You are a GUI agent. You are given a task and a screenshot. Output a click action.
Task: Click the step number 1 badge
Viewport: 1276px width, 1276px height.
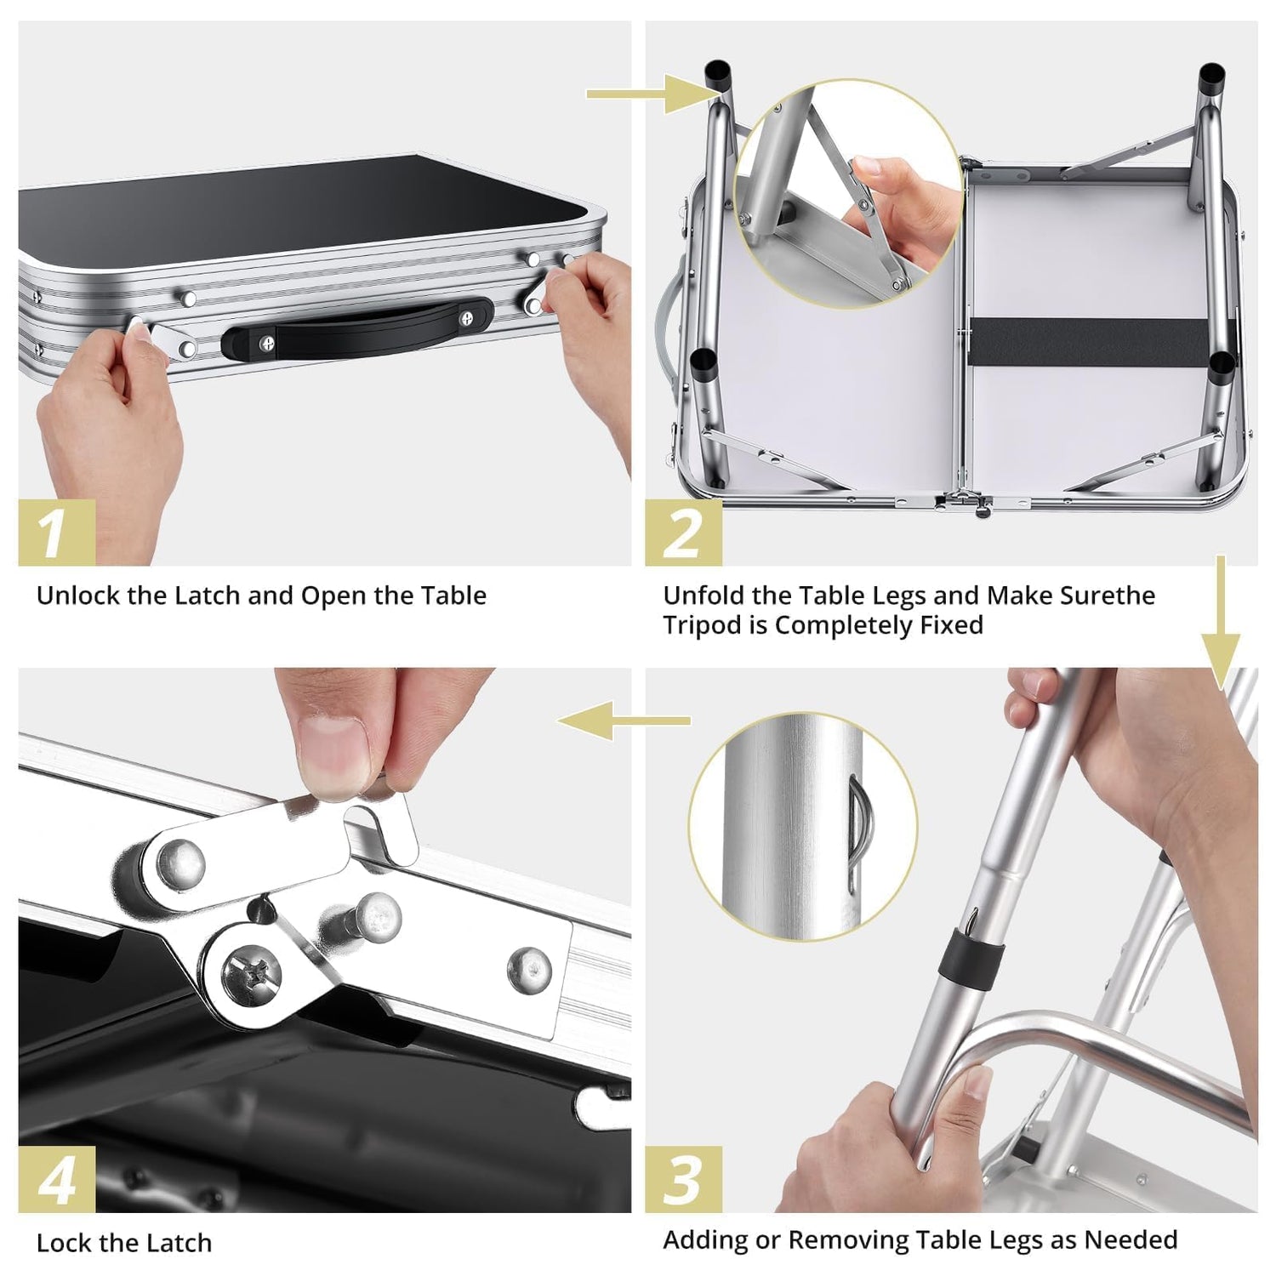pos(56,533)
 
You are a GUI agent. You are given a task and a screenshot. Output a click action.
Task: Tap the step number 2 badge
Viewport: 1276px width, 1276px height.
pos(683,533)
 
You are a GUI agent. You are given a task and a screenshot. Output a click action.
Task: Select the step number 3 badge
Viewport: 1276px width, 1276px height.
pos(683,1179)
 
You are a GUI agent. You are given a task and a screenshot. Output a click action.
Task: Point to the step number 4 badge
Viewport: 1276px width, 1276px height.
pos(56,1179)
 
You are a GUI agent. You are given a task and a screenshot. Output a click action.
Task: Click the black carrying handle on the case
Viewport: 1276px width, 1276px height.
pos(356,328)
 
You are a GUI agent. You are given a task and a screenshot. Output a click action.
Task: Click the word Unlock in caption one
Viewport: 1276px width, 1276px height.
pos(79,595)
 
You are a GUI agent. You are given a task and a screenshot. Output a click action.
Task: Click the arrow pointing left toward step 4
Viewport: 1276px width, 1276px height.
pos(624,721)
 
